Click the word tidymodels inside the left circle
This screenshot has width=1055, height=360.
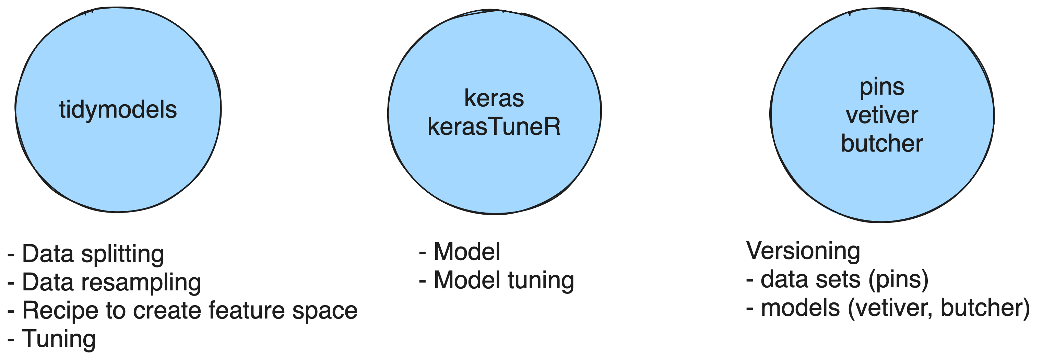(x=118, y=110)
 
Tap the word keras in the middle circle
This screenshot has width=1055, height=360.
(x=494, y=98)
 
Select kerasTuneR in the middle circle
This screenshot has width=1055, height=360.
(x=494, y=127)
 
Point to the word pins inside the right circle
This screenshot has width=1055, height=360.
(x=882, y=87)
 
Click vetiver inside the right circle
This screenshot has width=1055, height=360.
(x=882, y=115)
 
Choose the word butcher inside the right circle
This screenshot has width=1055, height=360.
(x=882, y=143)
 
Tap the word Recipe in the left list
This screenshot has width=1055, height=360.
(x=60, y=310)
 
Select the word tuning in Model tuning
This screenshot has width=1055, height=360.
(x=541, y=281)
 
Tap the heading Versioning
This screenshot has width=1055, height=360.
(x=803, y=251)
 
